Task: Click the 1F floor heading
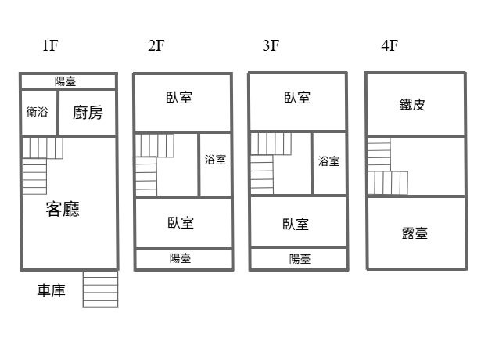(50, 45)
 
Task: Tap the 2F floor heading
(156, 45)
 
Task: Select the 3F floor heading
(271, 45)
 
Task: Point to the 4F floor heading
(390, 45)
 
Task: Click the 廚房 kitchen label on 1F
(88, 113)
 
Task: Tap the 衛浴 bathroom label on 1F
(38, 112)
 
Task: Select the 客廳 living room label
(63, 209)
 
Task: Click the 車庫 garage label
(52, 290)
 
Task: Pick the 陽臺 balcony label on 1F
(65, 81)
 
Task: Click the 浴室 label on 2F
(215, 160)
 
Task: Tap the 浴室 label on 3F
(328, 161)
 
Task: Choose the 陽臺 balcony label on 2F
(180, 258)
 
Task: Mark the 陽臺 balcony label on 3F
(300, 259)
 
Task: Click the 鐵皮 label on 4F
(412, 105)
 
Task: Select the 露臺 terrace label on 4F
(415, 233)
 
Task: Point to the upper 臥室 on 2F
(179, 97)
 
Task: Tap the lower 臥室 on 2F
(181, 223)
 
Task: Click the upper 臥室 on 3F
(297, 97)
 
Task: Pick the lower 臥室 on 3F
(296, 225)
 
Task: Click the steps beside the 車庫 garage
(101, 289)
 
